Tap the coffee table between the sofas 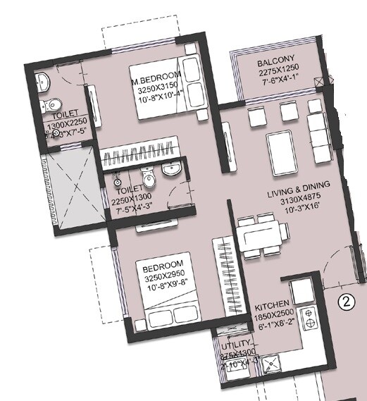(x=280, y=148)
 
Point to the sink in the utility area (x=271, y=364)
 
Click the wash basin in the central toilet (x=170, y=168)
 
